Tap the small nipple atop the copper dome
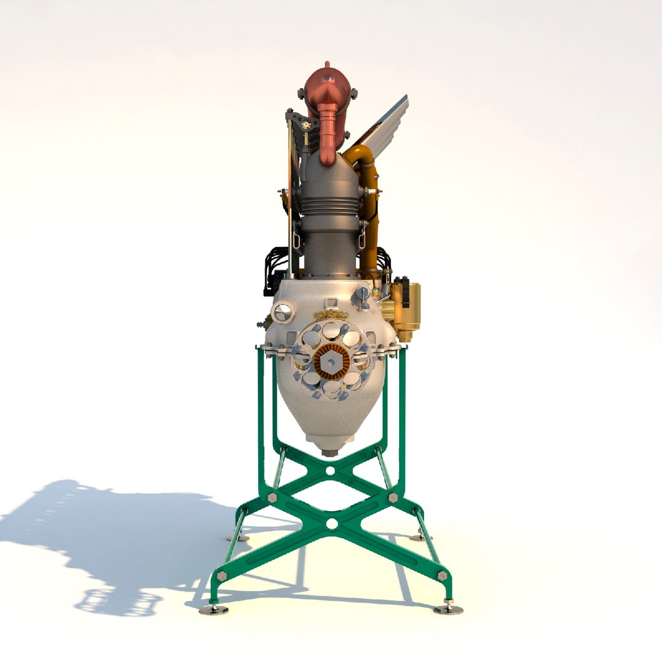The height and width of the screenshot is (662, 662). tap(327, 64)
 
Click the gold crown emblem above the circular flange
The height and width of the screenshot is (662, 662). tap(331, 315)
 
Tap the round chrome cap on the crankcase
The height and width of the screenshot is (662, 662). tap(283, 313)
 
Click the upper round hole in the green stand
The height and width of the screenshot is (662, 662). tap(331, 471)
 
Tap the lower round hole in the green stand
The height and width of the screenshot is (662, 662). tap(332, 523)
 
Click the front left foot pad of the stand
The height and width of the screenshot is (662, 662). tap(213, 610)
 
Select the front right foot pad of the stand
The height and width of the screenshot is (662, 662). tap(448, 609)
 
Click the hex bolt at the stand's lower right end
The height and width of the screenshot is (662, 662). tap(442, 576)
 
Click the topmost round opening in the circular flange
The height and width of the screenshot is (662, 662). tap(331, 332)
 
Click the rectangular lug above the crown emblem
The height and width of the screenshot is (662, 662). tap(331, 302)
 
